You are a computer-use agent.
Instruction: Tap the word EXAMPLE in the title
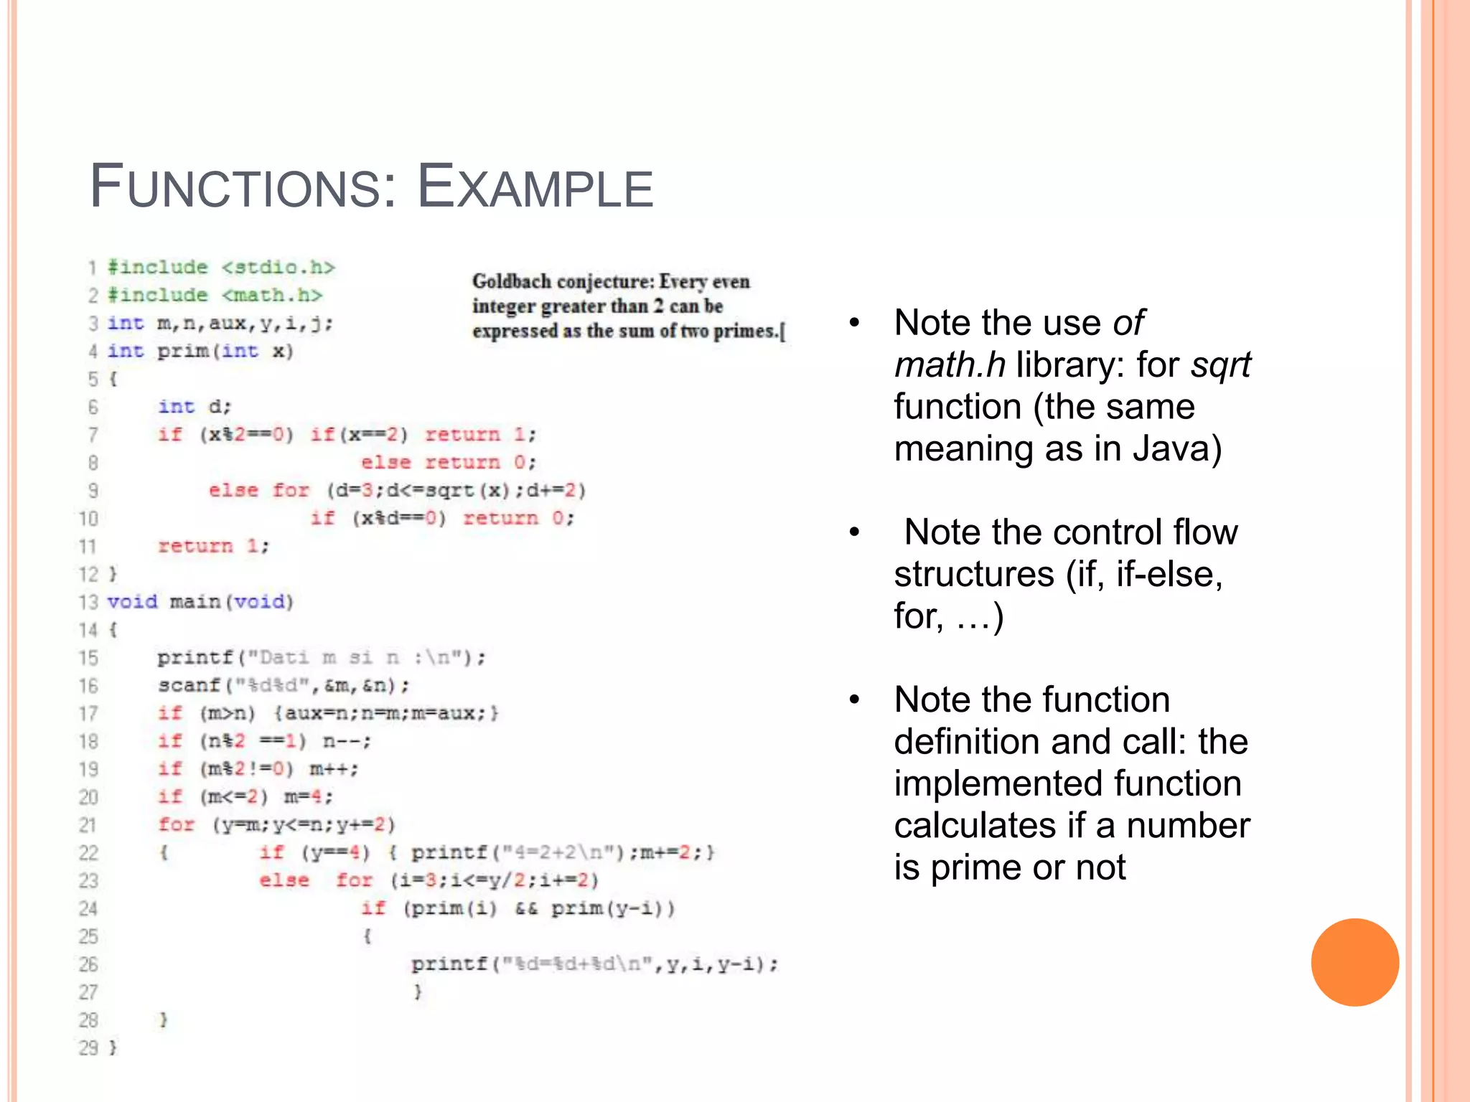(535, 187)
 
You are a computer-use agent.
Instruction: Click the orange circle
(1354, 962)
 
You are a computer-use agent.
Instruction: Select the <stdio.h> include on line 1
(278, 268)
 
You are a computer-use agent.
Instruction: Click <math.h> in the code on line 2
(272, 296)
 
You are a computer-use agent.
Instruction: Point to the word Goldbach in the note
(511, 281)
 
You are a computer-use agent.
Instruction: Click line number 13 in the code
(88, 602)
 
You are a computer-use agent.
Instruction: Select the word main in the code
(195, 602)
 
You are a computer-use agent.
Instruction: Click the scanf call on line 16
(189, 686)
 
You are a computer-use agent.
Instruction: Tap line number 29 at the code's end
(88, 1048)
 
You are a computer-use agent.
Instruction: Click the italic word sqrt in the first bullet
(1220, 365)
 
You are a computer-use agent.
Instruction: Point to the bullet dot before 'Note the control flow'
(854, 532)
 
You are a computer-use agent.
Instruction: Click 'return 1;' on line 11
(213, 547)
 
